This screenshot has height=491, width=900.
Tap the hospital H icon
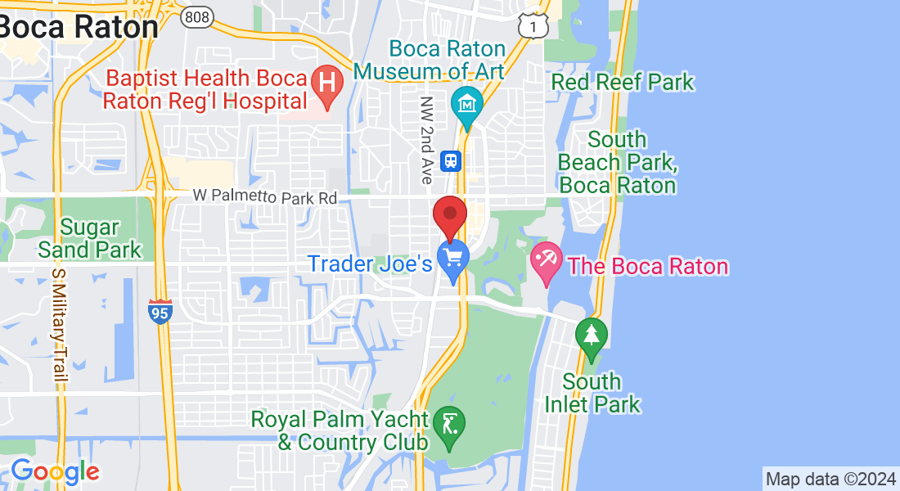tap(327, 84)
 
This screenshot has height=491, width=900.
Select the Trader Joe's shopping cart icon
tap(452, 259)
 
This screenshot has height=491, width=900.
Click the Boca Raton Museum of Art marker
tap(467, 105)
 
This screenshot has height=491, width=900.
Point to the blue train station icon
tap(450, 161)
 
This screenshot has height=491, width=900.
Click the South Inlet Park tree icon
tap(591, 336)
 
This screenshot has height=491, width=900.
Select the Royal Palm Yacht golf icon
tap(448, 426)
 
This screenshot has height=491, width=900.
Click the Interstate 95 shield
tap(160, 312)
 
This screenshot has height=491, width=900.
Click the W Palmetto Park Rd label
tap(266, 197)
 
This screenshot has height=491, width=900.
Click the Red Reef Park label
tap(623, 82)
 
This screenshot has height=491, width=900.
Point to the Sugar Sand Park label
tap(89, 238)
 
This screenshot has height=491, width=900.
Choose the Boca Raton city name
tap(79, 26)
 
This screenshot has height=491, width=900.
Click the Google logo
tap(55, 471)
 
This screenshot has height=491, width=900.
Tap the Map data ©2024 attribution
tap(830, 478)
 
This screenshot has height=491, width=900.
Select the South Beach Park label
tap(617, 162)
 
